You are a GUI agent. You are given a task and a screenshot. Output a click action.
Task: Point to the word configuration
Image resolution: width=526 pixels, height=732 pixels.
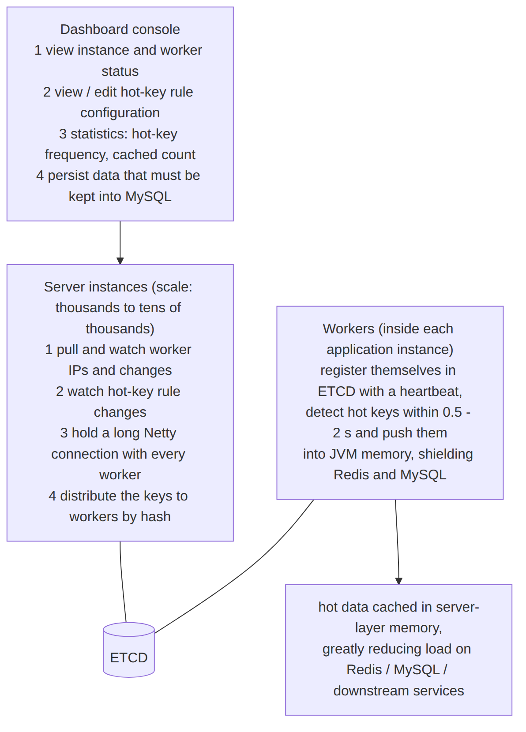pos(120,113)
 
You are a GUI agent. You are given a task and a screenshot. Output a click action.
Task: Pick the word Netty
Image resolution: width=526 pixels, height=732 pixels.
pos(160,433)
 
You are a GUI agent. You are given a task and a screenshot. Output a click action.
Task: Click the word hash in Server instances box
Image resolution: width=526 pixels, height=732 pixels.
pos(156,517)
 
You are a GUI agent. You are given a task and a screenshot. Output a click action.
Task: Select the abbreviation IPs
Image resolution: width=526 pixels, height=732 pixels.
pos(79,370)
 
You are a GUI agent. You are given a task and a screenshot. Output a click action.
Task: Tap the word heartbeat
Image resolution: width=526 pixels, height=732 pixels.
pos(431,391)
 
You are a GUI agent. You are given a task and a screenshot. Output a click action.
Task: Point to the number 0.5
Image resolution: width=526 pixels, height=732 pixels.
pos(452,412)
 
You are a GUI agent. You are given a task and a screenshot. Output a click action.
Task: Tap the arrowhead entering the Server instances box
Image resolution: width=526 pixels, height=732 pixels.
pos(120,261)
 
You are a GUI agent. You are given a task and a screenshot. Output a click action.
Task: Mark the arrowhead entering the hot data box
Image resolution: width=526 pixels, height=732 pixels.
pos(399,581)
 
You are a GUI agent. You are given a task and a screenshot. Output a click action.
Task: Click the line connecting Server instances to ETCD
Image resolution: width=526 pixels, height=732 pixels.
pos(122,582)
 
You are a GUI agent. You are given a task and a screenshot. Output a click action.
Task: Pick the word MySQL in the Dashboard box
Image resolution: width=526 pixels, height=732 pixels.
pos(149,197)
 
